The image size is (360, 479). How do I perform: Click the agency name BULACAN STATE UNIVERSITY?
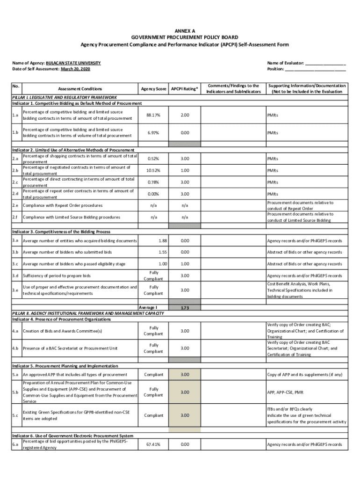click(x=73, y=63)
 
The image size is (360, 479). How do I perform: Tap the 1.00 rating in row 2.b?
click(x=185, y=170)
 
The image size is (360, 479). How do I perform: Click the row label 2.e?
click(x=15, y=205)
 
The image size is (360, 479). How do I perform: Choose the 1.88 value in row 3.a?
click(x=163, y=240)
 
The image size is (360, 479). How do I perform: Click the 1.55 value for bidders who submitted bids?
click(x=163, y=252)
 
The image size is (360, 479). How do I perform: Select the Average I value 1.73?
click(x=185, y=308)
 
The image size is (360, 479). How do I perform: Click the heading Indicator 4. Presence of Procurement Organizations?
click(x=61, y=319)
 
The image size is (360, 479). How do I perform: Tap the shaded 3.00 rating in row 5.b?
click(x=185, y=392)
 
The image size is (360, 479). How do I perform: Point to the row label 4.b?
click(x=15, y=348)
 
